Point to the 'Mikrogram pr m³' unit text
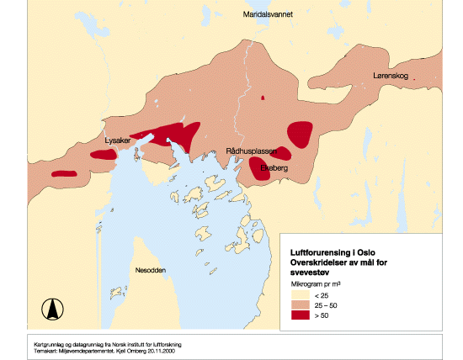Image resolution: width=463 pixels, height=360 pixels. (316, 283)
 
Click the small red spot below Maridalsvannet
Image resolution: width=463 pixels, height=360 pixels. (263, 99)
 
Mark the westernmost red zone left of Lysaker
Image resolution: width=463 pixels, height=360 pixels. (63, 173)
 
